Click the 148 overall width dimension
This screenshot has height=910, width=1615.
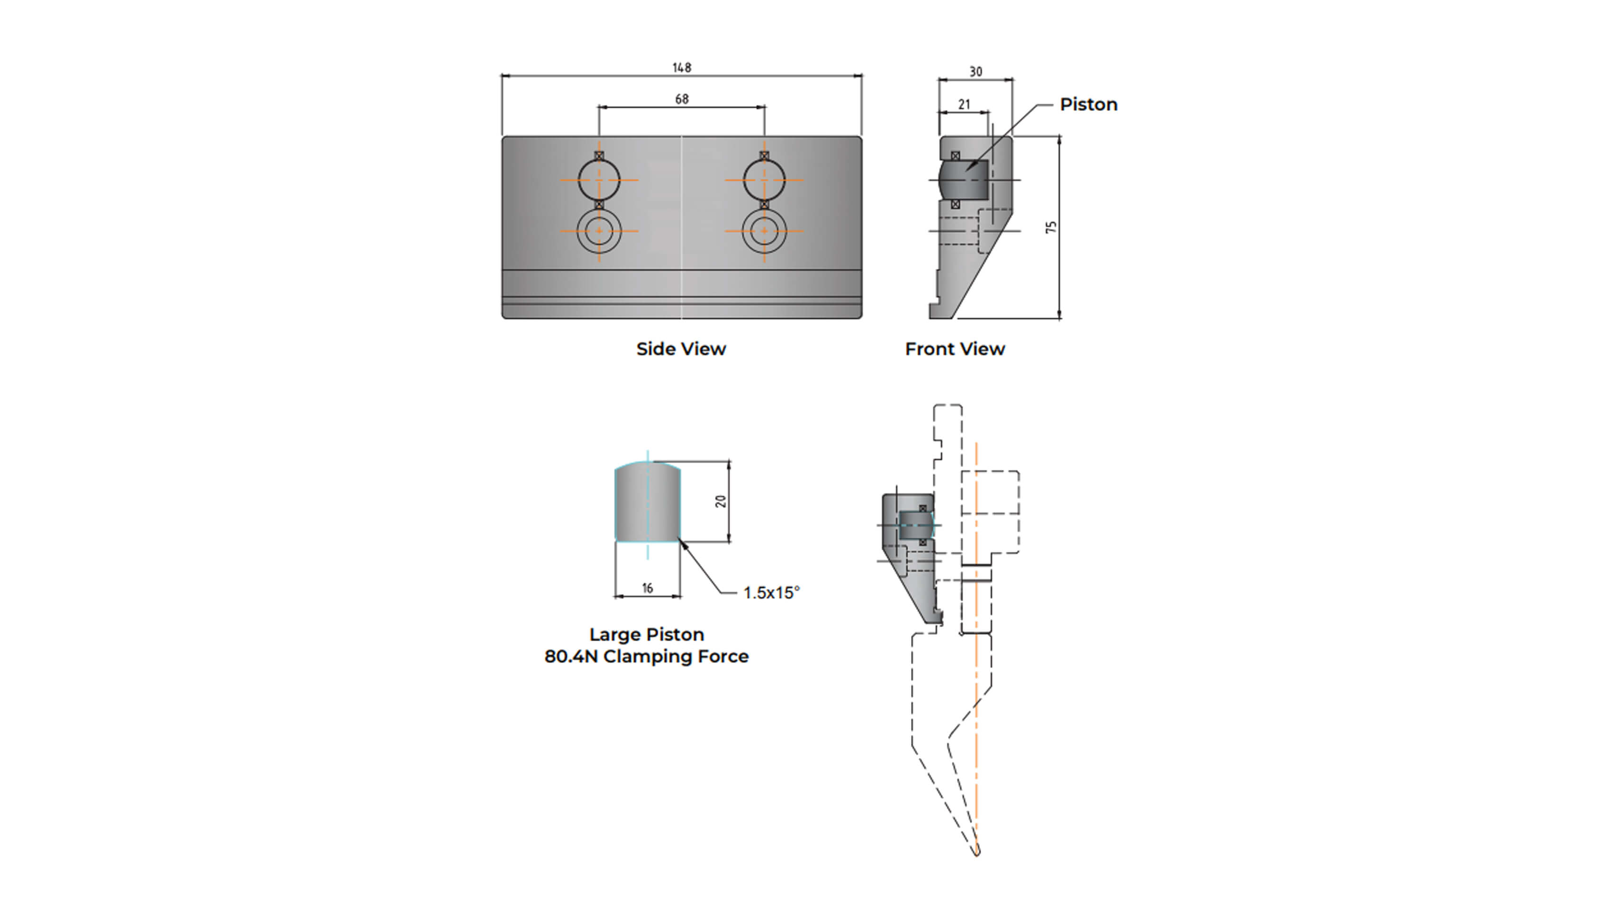682,67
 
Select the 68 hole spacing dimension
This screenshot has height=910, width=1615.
682,99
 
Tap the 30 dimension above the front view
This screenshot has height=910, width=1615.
975,72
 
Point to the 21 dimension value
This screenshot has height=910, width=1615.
964,104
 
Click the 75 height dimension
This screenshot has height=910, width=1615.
1051,227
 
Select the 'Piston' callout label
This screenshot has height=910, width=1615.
1088,104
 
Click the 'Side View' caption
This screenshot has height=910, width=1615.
681,349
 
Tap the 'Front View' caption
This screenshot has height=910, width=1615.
954,349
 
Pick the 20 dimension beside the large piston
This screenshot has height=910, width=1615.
721,501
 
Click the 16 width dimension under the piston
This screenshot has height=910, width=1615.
647,588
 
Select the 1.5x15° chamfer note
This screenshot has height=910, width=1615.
771,592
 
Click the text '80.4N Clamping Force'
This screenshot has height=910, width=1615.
646,656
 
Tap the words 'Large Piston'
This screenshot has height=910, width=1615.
646,634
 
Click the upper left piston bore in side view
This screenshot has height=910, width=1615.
599,180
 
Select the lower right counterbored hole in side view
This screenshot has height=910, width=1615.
764,231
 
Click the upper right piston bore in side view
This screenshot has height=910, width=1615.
764,180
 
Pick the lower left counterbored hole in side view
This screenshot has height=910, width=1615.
599,231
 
